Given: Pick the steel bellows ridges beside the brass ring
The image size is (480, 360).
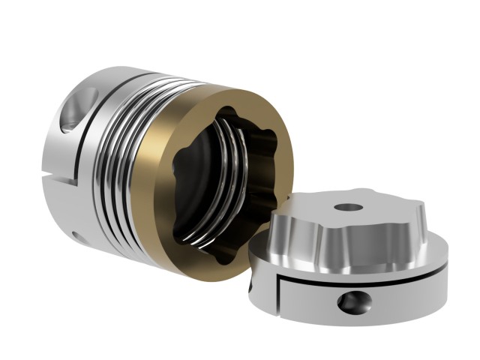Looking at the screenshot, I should (x=131, y=165).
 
